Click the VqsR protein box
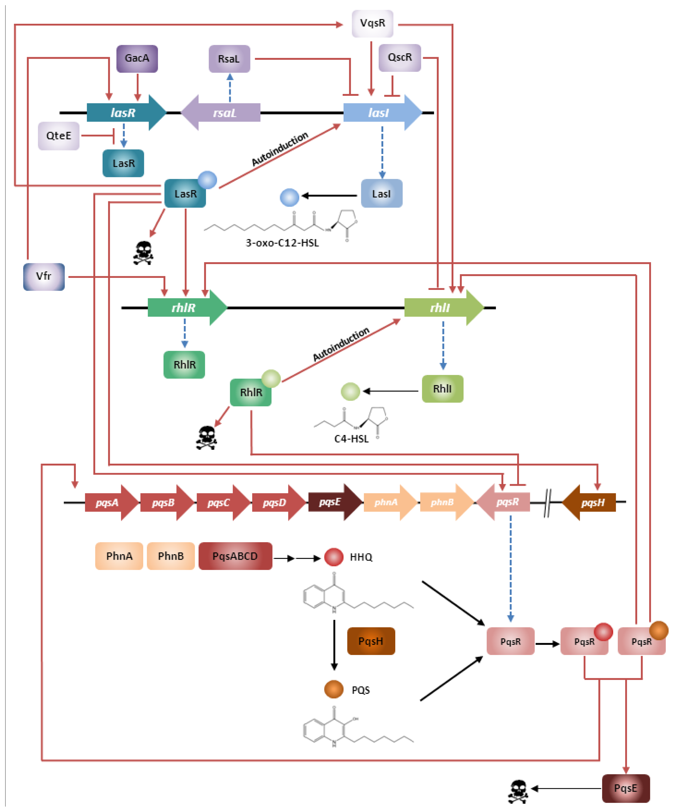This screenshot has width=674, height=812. pyautogui.click(x=372, y=23)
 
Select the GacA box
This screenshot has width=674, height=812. pyautogui.click(x=137, y=58)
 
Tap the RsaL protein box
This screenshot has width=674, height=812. pyautogui.click(x=229, y=59)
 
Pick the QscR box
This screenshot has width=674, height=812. pyautogui.click(x=400, y=58)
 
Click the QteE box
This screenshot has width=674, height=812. pyautogui.click(x=59, y=136)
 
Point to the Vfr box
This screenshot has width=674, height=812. pyautogui.click(x=44, y=277)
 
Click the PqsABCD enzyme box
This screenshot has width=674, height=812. pyautogui.click(x=235, y=556)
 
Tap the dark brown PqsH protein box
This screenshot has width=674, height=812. pyautogui.click(x=371, y=641)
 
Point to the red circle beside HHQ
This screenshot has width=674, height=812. pyautogui.click(x=333, y=557)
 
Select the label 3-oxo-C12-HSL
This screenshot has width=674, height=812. pyautogui.click(x=282, y=243)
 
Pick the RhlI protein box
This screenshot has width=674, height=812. pyautogui.click(x=442, y=389)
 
